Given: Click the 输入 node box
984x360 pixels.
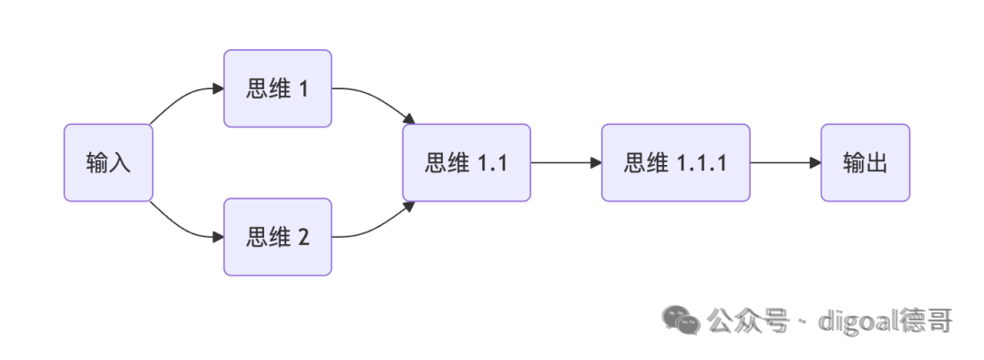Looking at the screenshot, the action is [108, 163].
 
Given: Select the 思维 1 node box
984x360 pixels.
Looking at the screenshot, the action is [277, 88].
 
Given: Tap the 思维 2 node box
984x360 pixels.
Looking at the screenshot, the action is [277, 237].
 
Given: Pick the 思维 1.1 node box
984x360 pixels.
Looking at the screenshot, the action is [466, 163].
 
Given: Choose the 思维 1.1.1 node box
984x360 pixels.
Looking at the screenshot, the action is [675, 163].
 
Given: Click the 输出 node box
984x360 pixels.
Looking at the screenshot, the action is [865, 163].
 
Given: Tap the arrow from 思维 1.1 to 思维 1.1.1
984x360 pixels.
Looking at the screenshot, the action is [566, 163].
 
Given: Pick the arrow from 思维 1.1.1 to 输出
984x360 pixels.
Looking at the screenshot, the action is [785, 163].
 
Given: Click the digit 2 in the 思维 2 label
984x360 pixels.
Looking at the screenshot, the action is [303, 238].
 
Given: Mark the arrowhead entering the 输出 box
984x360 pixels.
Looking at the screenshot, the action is [815, 163].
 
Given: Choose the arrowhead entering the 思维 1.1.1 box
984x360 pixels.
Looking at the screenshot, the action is [596, 163].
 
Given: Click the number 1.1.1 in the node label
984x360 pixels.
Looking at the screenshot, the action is [702, 163].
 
